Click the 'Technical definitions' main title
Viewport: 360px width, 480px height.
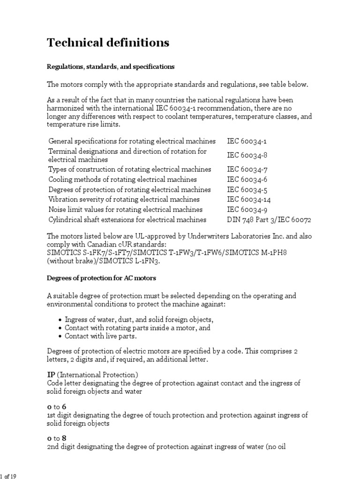point(108,43)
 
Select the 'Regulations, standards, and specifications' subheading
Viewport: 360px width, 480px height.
point(111,67)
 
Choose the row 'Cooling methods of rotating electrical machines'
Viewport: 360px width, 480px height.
point(123,180)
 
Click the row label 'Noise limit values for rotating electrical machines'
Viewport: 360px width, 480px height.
point(126,210)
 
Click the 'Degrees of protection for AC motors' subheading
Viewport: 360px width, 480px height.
point(101,278)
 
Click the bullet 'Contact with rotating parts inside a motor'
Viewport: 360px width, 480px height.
point(137,328)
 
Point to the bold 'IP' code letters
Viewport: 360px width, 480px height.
point(51,375)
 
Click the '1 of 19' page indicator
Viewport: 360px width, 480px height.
point(9,476)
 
